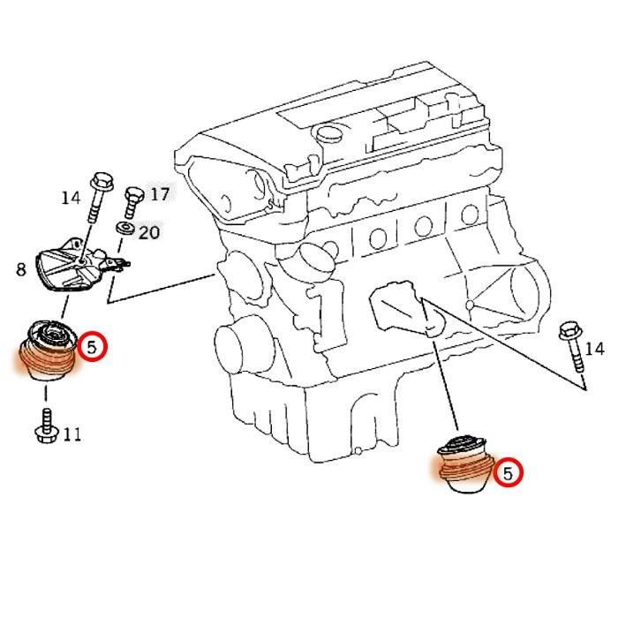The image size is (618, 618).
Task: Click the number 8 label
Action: pos(20,268)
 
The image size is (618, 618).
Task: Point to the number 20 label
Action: pos(149,232)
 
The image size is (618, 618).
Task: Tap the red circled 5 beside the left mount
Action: pos(92,347)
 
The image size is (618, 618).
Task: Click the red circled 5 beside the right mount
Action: pos(509,473)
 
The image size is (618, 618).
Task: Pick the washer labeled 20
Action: pos(125,230)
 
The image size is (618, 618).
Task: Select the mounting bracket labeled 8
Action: pos(71,267)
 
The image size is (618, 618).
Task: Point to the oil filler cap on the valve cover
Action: pos(328,138)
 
